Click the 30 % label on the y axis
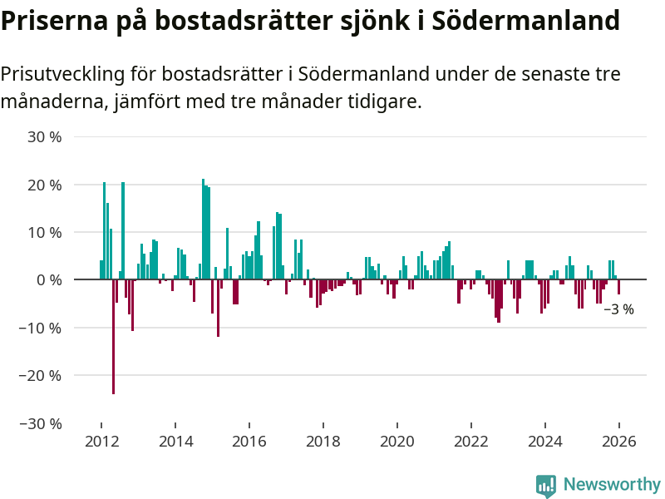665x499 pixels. click(x=45, y=137)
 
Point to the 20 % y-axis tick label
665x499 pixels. click(x=45, y=185)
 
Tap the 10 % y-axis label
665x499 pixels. click(x=45, y=232)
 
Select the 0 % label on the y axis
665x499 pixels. click(x=49, y=280)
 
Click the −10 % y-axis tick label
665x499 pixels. click(x=41, y=328)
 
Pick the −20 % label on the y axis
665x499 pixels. click(x=41, y=375)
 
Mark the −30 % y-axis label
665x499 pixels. click(x=41, y=423)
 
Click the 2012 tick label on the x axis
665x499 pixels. click(x=101, y=441)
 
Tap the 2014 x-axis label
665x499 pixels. click(x=175, y=441)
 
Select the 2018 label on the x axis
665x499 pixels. click(x=323, y=441)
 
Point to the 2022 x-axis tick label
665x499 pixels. click(x=471, y=441)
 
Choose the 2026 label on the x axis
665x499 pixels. click(x=619, y=441)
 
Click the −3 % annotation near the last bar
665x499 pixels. click(x=618, y=309)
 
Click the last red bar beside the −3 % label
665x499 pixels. click(x=618, y=287)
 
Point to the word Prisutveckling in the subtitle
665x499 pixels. click(x=62, y=74)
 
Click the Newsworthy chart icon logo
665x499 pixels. click(x=546, y=486)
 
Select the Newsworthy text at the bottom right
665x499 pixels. click(x=612, y=485)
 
